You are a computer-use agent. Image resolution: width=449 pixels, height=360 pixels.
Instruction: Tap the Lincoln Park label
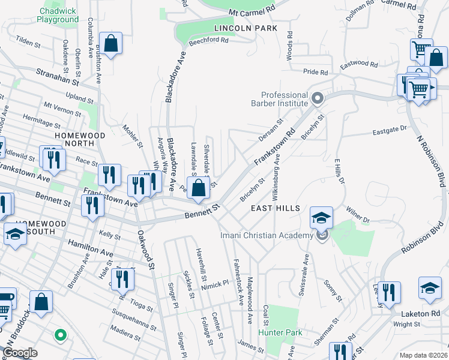tap(245, 28)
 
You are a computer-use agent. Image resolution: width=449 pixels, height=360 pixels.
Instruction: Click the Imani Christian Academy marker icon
tap(322, 236)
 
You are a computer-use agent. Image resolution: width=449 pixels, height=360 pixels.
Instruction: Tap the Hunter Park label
tap(280, 332)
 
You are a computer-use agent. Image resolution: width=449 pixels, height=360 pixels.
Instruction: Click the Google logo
tap(20, 353)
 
